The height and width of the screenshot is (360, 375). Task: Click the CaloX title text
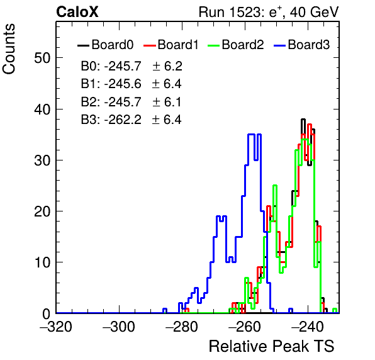77,12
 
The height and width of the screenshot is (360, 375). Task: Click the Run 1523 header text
269,12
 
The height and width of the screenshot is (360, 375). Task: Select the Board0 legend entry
106,45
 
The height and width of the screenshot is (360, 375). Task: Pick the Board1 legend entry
171,45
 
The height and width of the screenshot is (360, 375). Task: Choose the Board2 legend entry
236,45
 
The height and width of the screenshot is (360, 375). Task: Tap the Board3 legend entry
301,45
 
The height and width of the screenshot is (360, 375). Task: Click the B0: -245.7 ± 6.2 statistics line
132,66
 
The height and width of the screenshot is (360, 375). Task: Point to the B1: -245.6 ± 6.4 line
132,84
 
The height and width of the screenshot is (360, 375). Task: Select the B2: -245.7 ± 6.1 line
132,102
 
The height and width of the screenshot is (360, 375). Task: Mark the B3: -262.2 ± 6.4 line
132,120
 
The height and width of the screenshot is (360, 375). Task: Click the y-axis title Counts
9,49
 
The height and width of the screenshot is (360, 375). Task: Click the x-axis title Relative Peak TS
272,346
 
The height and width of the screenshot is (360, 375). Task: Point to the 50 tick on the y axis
42,58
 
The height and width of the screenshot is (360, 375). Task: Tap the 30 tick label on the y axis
42,160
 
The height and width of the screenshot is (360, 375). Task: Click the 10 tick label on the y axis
42,262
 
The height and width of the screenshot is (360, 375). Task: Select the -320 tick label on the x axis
56,326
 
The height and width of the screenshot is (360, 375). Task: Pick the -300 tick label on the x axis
119,326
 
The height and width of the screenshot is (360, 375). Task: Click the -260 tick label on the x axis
245,326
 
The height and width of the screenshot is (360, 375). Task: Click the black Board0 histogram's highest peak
303,119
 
